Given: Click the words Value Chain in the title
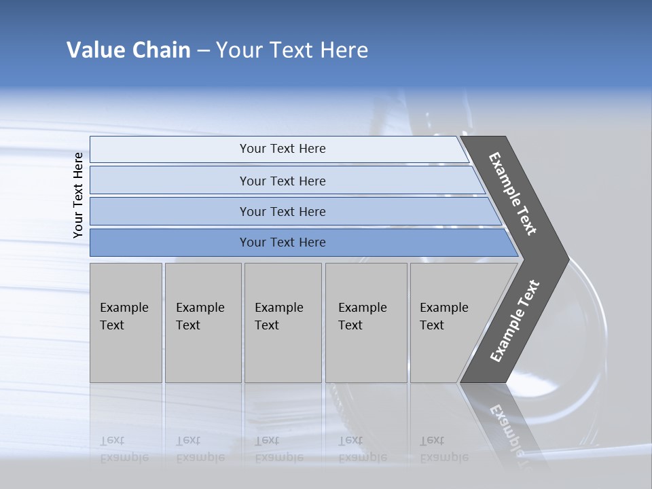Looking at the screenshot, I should [x=128, y=50].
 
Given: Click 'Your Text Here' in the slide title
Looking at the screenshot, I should [x=292, y=50].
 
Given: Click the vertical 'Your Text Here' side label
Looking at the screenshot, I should [x=78, y=195].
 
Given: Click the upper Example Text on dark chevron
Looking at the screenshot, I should [x=513, y=194].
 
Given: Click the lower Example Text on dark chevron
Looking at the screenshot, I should [x=514, y=321].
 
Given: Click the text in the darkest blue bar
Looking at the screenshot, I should [x=283, y=242].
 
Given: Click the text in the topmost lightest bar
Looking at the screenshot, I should [x=283, y=149].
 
